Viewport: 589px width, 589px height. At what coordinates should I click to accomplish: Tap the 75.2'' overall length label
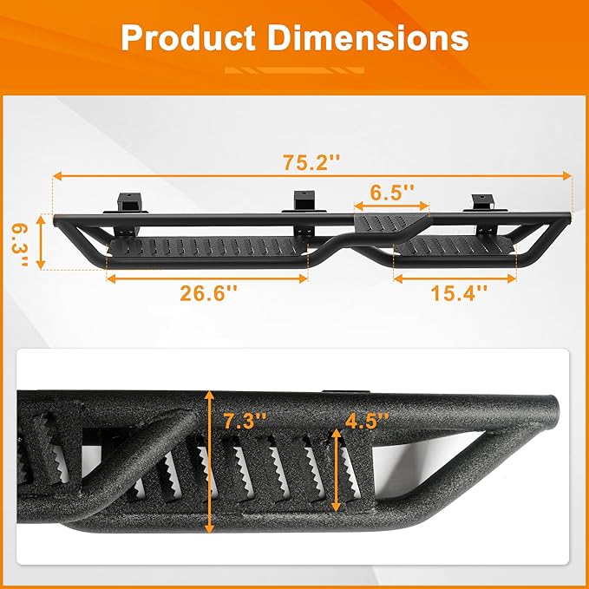pyautogui.click(x=311, y=162)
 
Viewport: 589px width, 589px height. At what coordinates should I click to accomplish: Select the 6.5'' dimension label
pyautogui.click(x=393, y=192)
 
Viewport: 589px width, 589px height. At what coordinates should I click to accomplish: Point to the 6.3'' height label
pyautogui.click(x=18, y=244)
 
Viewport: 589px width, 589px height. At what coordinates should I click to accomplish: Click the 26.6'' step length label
pyautogui.click(x=208, y=293)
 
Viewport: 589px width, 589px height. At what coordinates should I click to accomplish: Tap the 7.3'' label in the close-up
pyautogui.click(x=244, y=422)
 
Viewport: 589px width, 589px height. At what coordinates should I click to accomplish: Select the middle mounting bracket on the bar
pyautogui.click(x=303, y=202)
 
